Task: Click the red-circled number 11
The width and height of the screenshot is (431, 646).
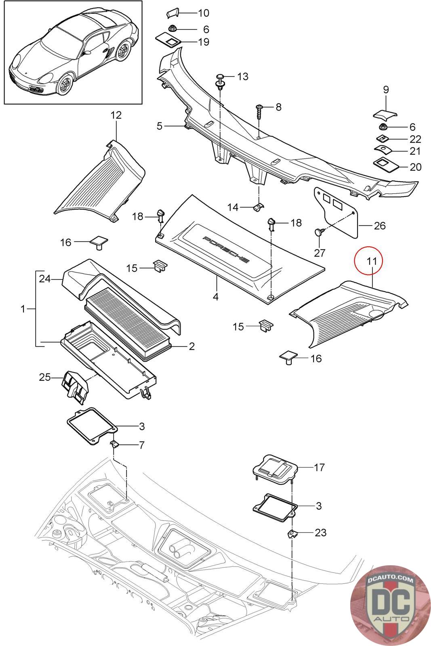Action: pyautogui.click(x=372, y=261)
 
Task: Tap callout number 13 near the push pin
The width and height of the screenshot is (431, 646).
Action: pyautogui.click(x=243, y=76)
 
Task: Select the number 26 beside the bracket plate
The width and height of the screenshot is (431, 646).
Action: pyautogui.click(x=379, y=226)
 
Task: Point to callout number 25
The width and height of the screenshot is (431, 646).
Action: pyautogui.click(x=45, y=377)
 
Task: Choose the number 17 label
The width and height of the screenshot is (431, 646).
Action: pyautogui.click(x=319, y=467)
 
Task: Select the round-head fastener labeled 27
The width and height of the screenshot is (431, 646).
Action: pyautogui.click(x=319, y=232)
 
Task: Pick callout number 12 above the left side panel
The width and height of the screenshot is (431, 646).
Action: pyautogui.click(x=116, y=115)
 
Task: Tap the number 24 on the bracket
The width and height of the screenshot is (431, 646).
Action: pyautogui.click(x=45, y=279)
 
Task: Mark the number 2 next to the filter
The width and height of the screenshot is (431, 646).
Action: pyautogui.click(x=191, y=346)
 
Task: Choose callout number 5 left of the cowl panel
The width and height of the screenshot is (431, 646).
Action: pyautogui.click(x=160, y=126)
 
